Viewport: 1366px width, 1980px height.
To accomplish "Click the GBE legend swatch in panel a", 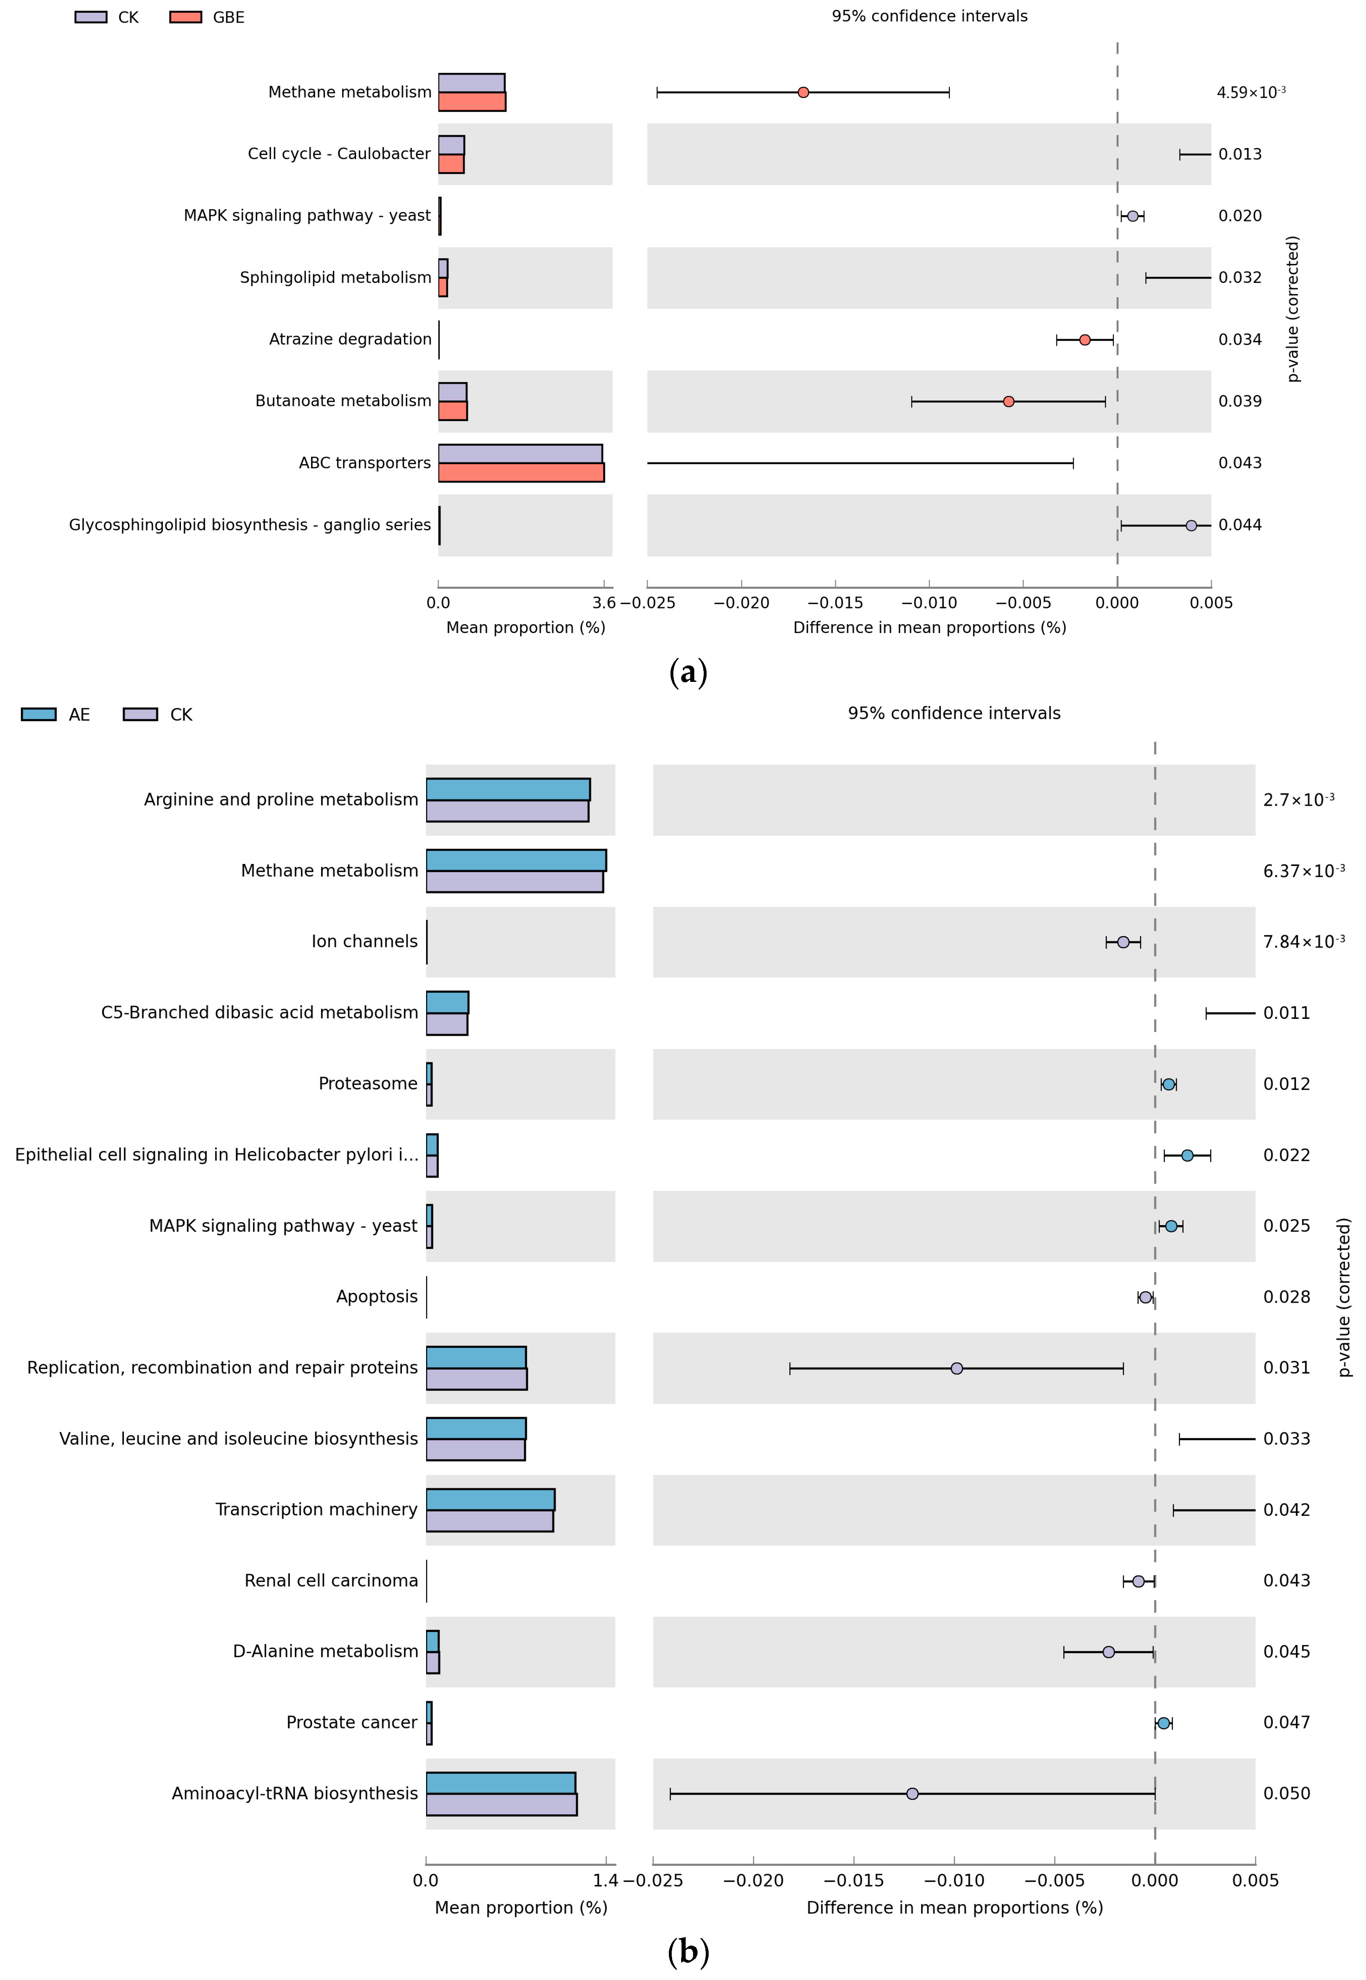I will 186,17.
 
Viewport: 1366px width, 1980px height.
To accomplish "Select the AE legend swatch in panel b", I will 39,715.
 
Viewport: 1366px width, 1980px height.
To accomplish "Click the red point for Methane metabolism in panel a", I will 803,92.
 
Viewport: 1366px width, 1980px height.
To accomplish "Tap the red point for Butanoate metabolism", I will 1008,401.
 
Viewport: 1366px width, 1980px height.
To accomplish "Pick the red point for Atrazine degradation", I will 1084,339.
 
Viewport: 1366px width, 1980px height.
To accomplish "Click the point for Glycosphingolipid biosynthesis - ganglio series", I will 1190,525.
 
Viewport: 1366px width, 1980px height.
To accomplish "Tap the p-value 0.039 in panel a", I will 1239,401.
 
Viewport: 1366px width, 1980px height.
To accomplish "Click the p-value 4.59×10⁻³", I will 1250,92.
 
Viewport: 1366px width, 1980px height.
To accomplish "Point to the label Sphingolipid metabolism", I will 335,277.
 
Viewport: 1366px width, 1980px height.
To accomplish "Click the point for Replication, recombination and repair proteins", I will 956,1368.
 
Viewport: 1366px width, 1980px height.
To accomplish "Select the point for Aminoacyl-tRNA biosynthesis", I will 912,1793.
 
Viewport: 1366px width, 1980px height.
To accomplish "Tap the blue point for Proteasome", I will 1168,1084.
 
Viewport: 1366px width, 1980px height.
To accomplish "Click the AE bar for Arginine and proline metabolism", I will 508,789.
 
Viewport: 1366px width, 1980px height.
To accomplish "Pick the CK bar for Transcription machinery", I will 490,1520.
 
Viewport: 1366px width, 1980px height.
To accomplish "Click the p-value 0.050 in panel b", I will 1286,1793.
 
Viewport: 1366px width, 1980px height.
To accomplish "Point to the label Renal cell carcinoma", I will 331,1580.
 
